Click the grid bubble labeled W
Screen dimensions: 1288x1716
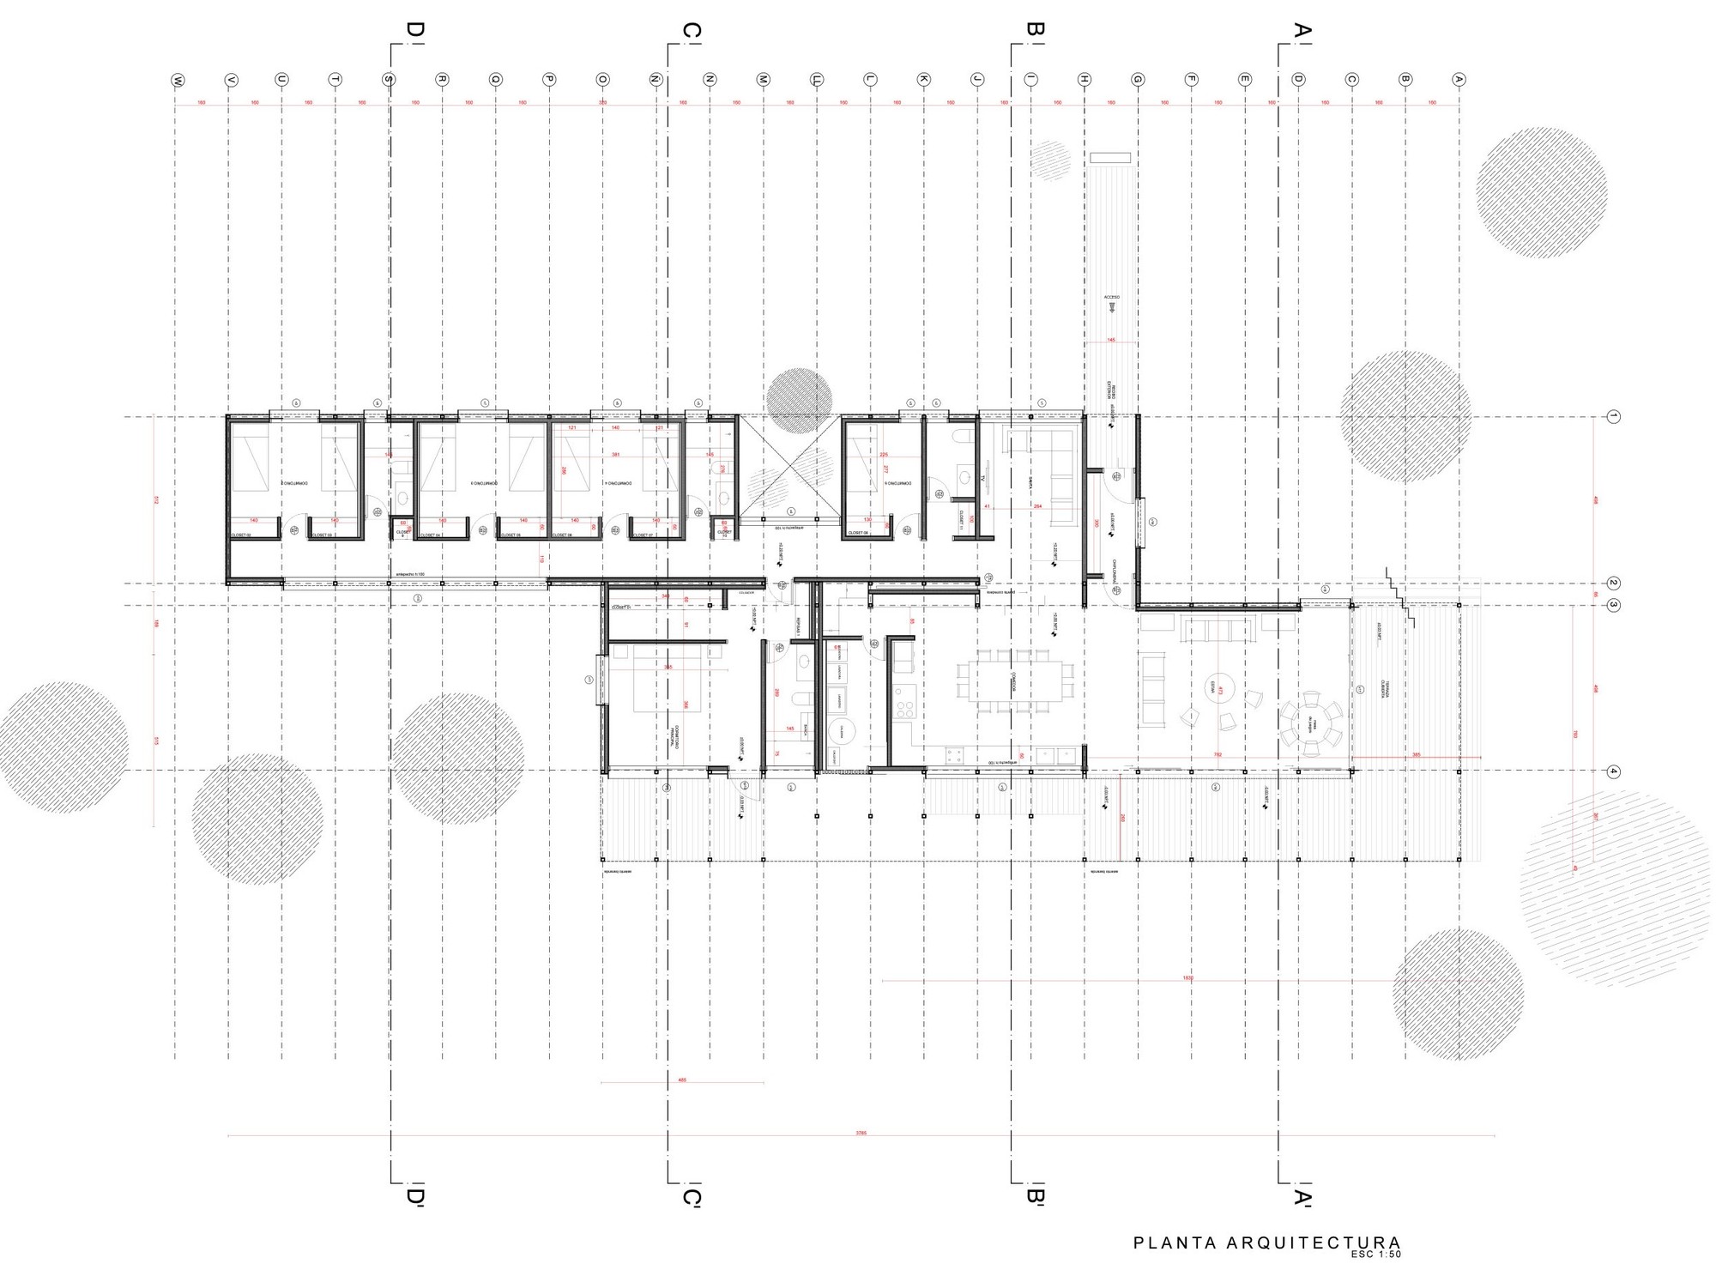coord(178,80)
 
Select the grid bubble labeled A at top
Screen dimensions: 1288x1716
coord(1459,80)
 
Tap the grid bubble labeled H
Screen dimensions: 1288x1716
coord(1085,80)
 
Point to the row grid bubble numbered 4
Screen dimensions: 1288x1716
coord(1613,771)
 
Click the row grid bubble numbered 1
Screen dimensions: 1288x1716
coord(1613,417)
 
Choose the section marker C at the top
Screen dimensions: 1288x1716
coord(692,32)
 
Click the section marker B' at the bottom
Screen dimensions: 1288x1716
coord(1036,1196)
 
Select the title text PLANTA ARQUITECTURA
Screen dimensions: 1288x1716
coord(1266,1243)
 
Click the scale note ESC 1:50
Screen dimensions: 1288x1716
coord(1375,1255)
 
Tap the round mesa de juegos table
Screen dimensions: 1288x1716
coord(1311,723)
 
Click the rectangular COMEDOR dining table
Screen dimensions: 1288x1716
coord(1014,680)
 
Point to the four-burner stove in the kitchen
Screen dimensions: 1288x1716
coord(904,709)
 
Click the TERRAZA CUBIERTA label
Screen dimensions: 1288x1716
coord(1384,690)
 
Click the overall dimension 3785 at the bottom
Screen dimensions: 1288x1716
coord(861,1133)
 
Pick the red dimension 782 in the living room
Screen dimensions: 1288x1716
coord(1218,754)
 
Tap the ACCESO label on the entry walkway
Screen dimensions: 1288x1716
coord(1112,297)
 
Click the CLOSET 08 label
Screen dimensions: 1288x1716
coord(858,533)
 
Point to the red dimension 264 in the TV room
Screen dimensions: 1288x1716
coord(1037,506)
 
